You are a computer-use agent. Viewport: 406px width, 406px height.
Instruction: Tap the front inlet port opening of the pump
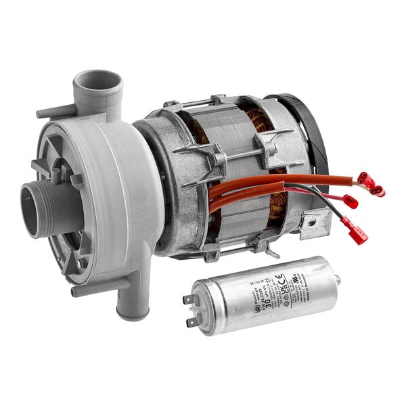pyautogui.click(x=32, y=209)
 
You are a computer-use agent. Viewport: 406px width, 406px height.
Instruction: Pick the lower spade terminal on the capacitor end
pyautogui.click(x=193, y=321)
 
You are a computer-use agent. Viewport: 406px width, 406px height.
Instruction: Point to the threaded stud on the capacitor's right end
pyautogui.click(x=336, y=278)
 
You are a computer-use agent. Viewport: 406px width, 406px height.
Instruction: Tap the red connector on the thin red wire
pyautogui.click(x=350, y=201)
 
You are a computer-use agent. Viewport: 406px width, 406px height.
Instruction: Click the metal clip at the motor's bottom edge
pyautogui.click(x=271, y=252)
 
